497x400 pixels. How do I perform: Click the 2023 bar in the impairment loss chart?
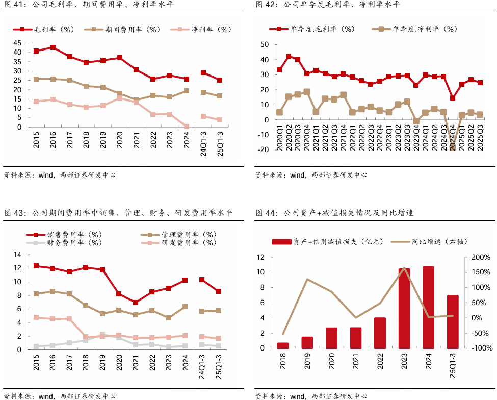(404, 308)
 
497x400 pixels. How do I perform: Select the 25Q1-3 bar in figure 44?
(453, 322)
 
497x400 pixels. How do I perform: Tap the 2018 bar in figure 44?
(283, 345)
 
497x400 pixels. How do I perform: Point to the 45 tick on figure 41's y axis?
(17, 43)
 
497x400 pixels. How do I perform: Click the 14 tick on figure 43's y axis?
(17, 255)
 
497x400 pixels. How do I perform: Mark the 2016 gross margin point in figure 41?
(53, 47)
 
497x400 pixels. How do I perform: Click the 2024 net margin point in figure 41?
(187, 127)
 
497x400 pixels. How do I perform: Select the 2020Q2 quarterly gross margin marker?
(289, 57)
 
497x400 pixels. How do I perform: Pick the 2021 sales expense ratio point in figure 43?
(136, 303)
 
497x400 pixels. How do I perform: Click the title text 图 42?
(265, 5)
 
